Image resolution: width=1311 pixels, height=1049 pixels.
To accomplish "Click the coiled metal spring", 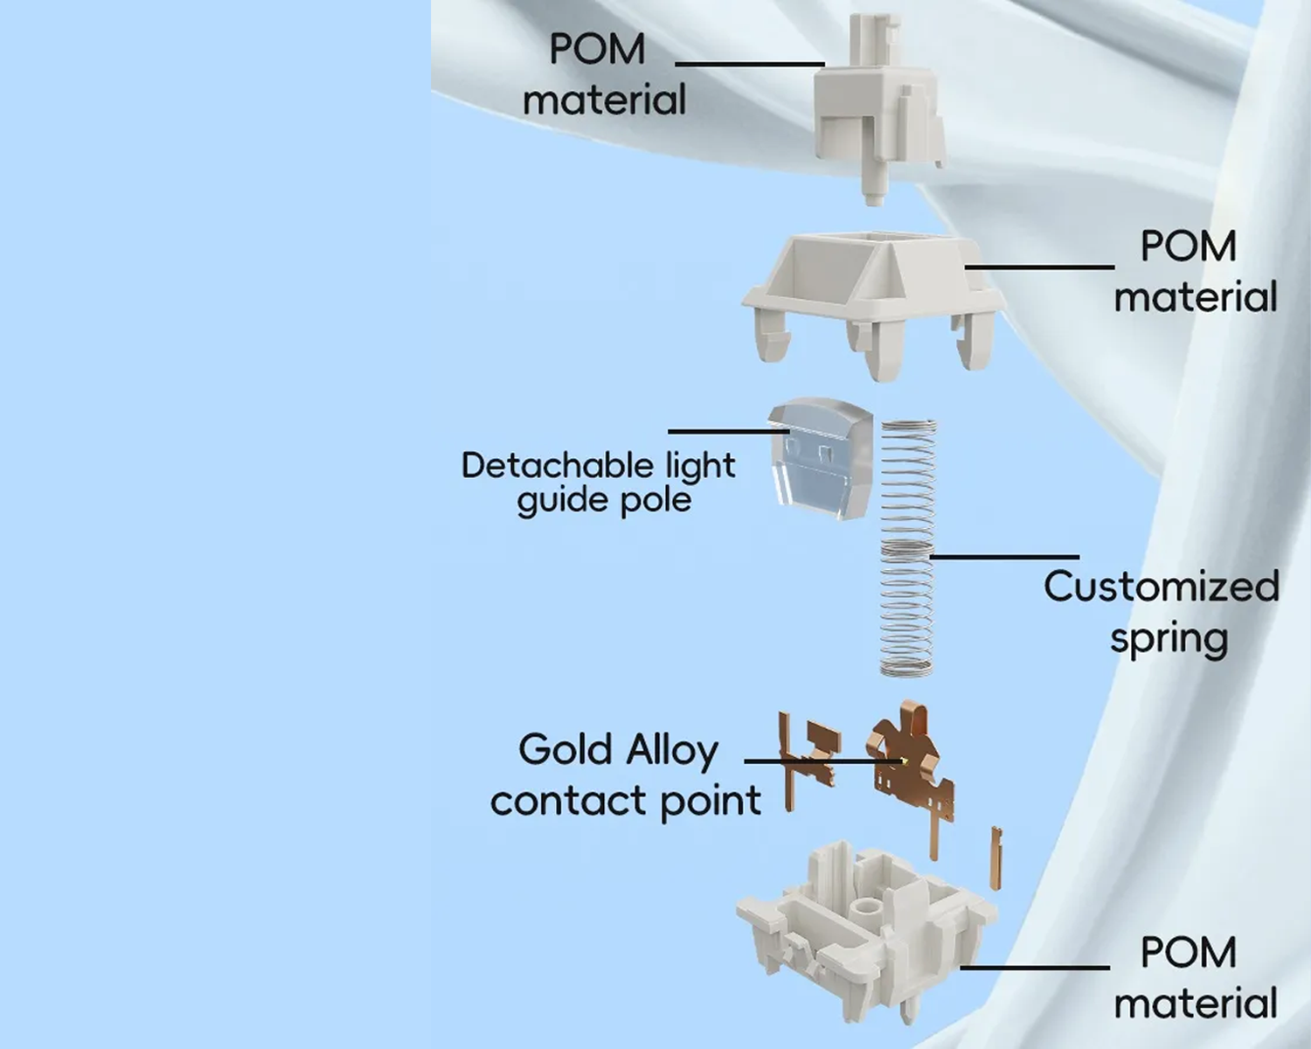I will pos(908,547).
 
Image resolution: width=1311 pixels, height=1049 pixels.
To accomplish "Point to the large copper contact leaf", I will pos(909,761).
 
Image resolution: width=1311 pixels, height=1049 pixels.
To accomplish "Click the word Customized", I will pos(1161,587).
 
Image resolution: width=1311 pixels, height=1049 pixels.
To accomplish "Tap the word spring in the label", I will pos(1169,639).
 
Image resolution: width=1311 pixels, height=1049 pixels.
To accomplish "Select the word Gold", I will pos(565,750).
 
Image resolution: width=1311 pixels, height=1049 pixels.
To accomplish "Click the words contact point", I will pos(626,801).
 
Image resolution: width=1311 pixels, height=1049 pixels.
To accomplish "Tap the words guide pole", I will pos(604,501).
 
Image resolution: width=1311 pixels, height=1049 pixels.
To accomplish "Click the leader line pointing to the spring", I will pos(1005,556).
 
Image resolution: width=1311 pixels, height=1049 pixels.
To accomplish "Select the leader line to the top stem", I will pos(749,64).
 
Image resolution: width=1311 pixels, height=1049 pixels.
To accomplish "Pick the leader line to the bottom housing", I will pos(1035,967).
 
